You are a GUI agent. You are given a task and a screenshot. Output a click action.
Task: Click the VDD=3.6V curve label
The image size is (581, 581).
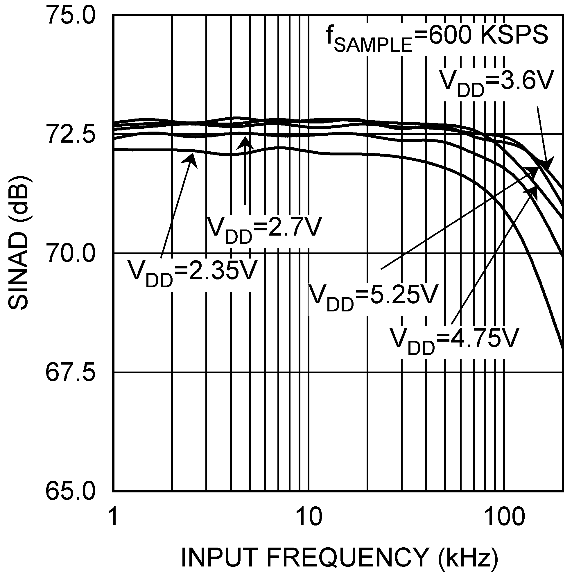pyautogui.click(x=496, y=83)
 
